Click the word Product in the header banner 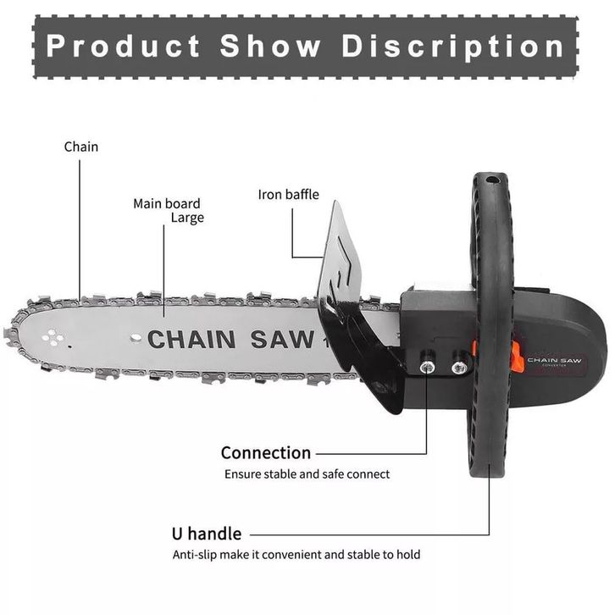(123, 45)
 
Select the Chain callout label (81, 147)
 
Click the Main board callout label (167, 203)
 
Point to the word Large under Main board (187, 218)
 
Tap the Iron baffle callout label (289, 195)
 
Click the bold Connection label (266, 452)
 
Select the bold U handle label (207, 534)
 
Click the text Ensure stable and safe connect (307, 474)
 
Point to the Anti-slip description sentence (296, 555)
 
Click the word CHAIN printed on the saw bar (191, 339)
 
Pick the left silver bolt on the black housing (429, 367)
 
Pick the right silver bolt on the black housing (459, 367)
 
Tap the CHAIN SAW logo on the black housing (555, 360)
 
